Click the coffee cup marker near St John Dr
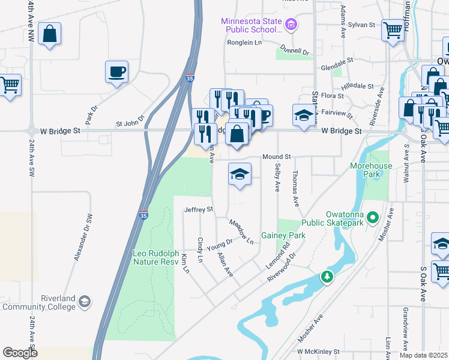[x=116, y=73]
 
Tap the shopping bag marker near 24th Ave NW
[x=49, y=34]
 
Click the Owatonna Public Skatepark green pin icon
[x=373, y=217]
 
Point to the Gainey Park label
[x=283, y=235]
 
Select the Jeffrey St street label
[x=199, y=209]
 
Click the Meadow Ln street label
[x=241, y=231]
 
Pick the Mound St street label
[x=276, y=157]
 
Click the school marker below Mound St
[x=240, y=175]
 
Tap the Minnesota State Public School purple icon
[x=291, y=25]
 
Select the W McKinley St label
[x=318, y=351]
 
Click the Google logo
[x=20, y=352]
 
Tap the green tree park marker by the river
[x=327, y=277]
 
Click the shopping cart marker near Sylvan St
[x=393, y=29]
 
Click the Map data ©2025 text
[x=423, y=355]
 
